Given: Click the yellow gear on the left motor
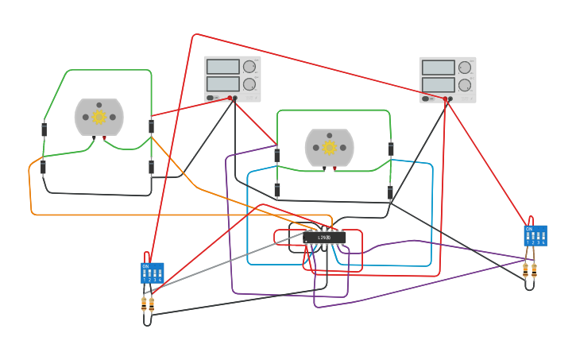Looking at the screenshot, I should tap(99, 117).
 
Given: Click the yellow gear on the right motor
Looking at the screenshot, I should tap(330, 147).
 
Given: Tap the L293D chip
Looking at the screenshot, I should tap(325, 237).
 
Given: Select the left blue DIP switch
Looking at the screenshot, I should tap(153, 273).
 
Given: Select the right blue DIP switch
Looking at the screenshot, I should tap(535, 235).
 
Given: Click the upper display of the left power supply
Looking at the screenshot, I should tap(222, 67).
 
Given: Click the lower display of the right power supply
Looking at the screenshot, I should tap(438, 84).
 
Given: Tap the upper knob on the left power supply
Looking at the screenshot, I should tap(249, 67).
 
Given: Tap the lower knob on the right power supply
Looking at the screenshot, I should tap(465, 85).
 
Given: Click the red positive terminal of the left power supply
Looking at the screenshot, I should tap(230, 98).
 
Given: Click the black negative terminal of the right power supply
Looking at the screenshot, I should tap(450, 99).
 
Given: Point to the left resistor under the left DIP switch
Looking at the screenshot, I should tap(144, 303).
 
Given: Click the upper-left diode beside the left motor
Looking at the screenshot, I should tap(44, 129).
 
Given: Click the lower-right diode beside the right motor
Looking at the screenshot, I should tap(390, 192).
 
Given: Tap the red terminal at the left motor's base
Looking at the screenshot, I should tap(104, 137).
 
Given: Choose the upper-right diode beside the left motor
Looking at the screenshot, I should tap(151, 126).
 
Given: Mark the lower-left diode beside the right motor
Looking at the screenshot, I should tap(277, 190).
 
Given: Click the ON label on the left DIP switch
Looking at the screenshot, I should tap(145, 266).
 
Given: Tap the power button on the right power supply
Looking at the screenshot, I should tap(426, 99).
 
